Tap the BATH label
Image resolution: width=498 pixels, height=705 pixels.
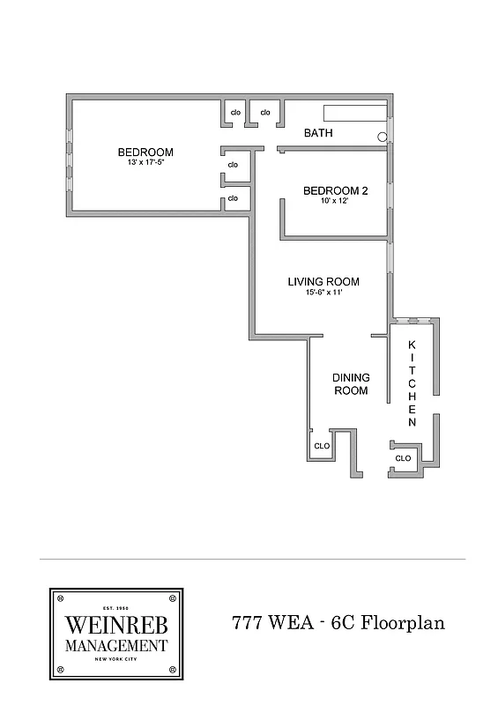pyautogui.click(x=317, y=134)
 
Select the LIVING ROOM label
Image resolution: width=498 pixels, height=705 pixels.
pyautogui.click(x=323, y=282)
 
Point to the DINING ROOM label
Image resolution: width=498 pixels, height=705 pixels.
pyautogui.click(x=350, y=384)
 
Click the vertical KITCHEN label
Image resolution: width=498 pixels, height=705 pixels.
pyautogui.click(x=411, y=384)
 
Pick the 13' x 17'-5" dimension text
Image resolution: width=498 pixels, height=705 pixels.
pyautogui.click(x=145, y=163)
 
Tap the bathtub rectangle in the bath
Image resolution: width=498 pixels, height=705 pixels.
pyautogui.click(x=355, y=113)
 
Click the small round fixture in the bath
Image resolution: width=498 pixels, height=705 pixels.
pyautogui.click(x=382, y=137)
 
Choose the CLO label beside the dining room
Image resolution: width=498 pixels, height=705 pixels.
pyautogui.click(x=322, y=446)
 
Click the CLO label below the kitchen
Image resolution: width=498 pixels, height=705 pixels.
pyautogui.click(x=403, y=458)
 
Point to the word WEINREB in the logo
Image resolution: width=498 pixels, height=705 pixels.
pyautogui.click(x=115, y=627)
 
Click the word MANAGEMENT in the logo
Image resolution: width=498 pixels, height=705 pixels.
pyautogui.click(x=115, y=646)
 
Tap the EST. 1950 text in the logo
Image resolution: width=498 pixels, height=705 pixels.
pyautogui.click(x=115, y=609)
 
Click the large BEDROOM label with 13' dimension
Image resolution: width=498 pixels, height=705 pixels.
pyautogui.click(x=145, y=152)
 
